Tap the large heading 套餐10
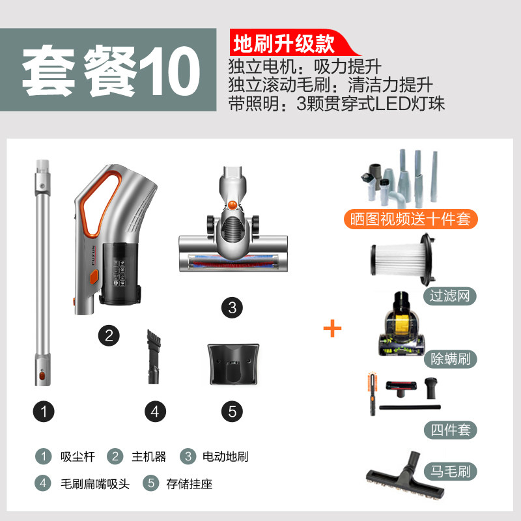pos(111,70)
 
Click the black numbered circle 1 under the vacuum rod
pos(44,412)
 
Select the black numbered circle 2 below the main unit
pos(109,335)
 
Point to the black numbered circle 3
pos(232,307)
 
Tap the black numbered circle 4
pos(155,412)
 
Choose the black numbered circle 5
pos(232,412)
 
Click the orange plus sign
pos(332,328)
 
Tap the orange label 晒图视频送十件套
pos(411,219)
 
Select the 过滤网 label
pos(449,296)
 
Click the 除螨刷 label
pos(450,359)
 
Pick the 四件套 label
pos(450,430)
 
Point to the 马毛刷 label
pos(450,471)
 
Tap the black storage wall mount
pos(233,364)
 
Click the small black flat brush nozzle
pos(154,356)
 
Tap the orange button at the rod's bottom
pos(42,376)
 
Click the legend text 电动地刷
pos(225,457)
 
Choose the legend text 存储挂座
pos(189,484)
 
